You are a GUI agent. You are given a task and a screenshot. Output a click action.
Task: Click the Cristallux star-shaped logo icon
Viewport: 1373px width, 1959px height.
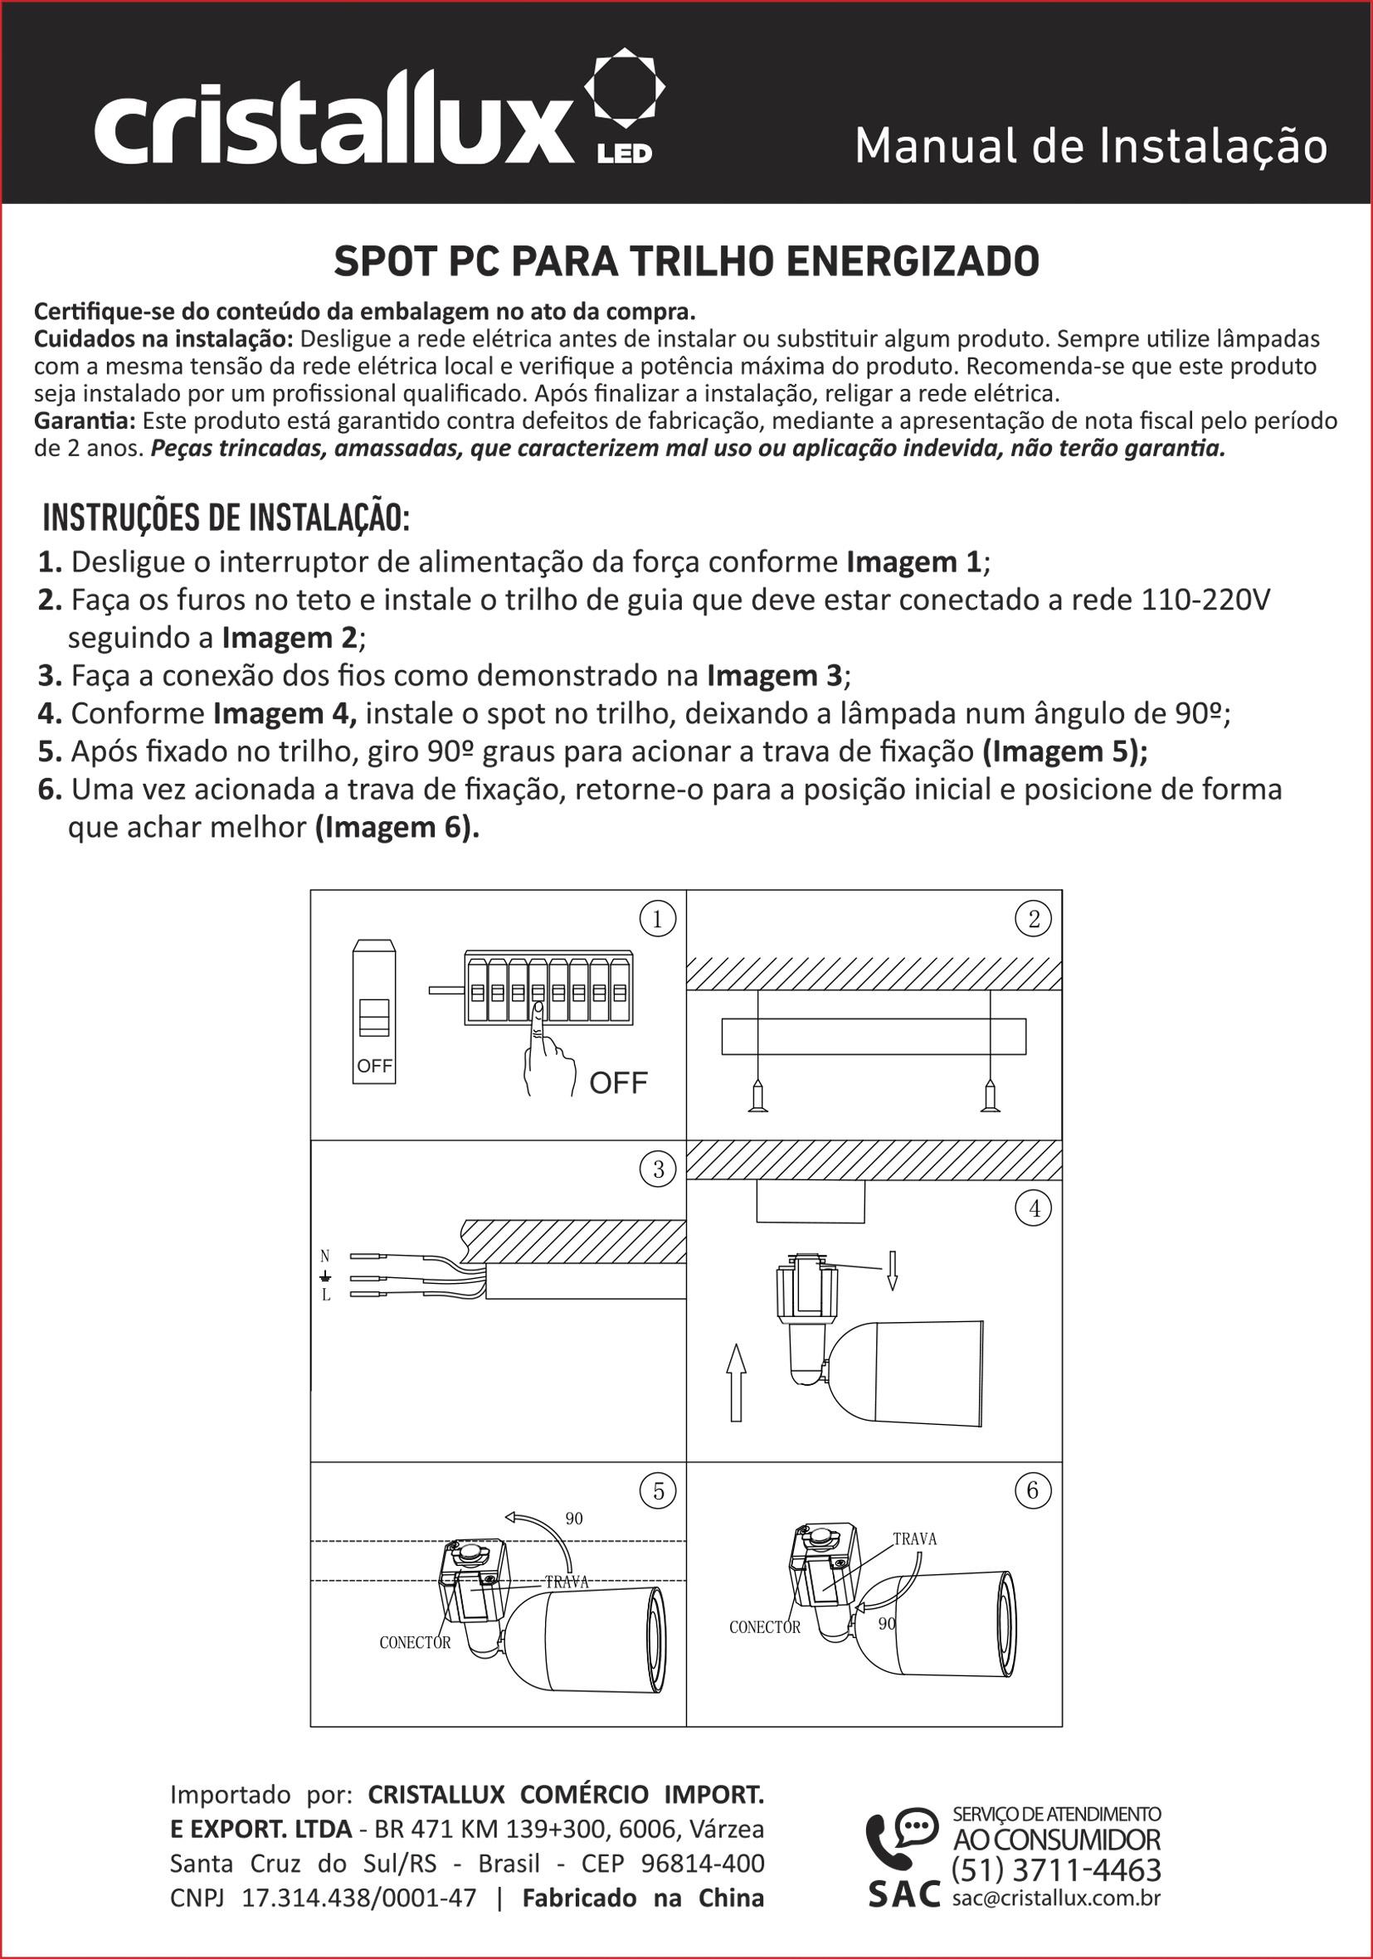(624, 88)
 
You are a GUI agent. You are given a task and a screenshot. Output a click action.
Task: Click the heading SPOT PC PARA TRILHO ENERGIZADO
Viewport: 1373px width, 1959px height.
(686, 262)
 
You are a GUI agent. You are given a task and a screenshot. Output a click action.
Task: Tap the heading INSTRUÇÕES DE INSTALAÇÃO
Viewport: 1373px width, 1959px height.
(226, 518)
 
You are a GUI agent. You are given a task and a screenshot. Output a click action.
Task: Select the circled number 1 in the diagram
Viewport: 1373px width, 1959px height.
(658, 919)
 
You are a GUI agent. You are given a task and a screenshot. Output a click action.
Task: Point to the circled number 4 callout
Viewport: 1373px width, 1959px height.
(1035, 1208)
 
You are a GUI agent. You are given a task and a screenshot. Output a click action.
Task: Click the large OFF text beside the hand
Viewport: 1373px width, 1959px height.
(619, 1082)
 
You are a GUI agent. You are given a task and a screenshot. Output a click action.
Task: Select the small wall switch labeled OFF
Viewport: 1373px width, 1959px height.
(374, 1012)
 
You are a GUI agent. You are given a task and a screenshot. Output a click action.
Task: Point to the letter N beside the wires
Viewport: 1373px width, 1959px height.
(325, 1256)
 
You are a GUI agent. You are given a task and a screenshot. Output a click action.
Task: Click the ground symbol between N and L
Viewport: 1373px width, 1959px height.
(325, 1276)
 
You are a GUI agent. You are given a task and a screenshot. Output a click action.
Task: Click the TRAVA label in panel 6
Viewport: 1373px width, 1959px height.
(915, 1539)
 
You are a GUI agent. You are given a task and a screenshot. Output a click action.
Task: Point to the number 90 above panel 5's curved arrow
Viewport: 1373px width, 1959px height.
(574, 1519)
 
